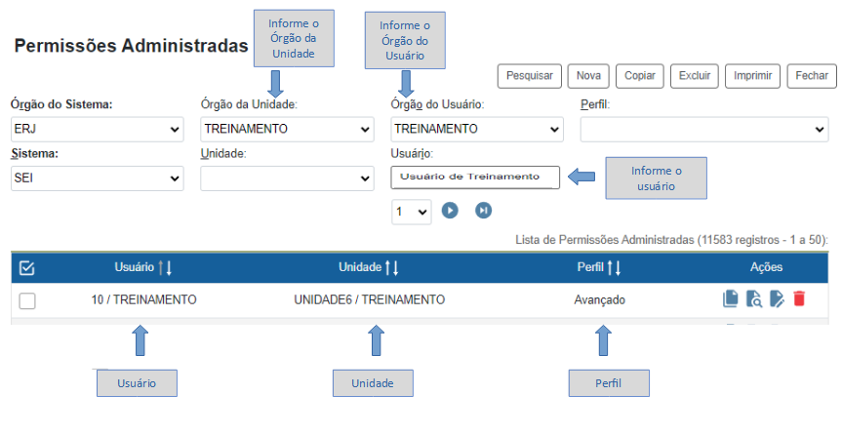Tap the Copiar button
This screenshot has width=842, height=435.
point(639,75)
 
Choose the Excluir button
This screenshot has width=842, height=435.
point(694,75)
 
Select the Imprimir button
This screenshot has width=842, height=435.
point(754,75)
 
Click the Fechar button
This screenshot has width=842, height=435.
point(812,75)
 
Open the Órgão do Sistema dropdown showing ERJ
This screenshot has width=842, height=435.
point(97,129)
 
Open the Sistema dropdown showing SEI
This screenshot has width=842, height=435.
point(97,178)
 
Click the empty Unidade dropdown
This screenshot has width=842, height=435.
point(287,178)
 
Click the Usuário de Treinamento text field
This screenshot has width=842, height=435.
point(475,177)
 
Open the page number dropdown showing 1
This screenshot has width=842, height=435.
point(412,211)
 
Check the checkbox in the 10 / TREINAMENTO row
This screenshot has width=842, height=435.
point(27,300)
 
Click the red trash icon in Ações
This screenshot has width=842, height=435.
point(799,299)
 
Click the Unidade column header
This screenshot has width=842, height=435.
point(368,267)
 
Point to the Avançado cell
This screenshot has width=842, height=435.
point(599,299)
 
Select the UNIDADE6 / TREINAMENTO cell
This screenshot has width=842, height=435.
point(369,299)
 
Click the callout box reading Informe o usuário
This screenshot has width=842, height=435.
point(655,178)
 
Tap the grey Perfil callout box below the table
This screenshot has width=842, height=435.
point(609,383)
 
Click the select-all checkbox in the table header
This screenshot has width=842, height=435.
point(27,267)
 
